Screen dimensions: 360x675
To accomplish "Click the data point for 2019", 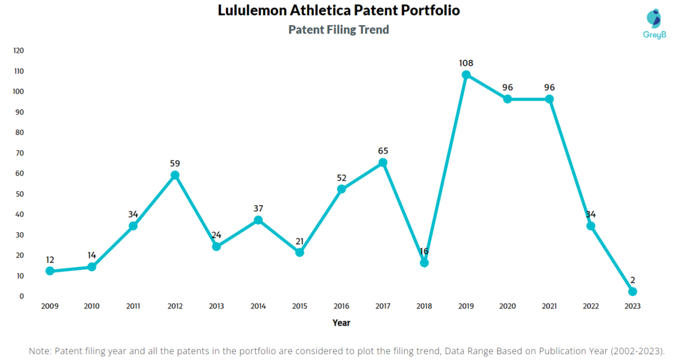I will (x=466, y=75).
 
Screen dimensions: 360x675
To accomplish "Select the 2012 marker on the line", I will (x=175, y=175).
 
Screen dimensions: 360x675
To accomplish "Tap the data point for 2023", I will (x=632, y=291).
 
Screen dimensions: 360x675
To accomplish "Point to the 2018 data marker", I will (x=425, y=262).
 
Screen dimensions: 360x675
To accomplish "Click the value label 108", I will (x=466, y=63).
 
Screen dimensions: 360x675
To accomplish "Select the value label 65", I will (x=383, y=151).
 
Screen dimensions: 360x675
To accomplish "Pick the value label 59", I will (x=175, y=163).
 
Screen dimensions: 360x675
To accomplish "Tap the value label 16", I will (x=425, y=251).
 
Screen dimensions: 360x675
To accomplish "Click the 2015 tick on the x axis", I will (x=299, y=307).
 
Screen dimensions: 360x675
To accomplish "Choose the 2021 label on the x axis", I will (x=549, y=307).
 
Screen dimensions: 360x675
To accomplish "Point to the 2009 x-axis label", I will (x=50, y=307).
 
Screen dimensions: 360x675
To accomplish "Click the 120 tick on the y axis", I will (x=18, y=50).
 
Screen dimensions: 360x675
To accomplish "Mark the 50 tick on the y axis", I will (x=20, y=194).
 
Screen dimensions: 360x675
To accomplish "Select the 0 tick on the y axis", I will (x=22, y=296).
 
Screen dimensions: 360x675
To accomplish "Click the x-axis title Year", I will (x=341, y=323).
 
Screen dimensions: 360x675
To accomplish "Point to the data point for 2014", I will (x=258, y=220).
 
